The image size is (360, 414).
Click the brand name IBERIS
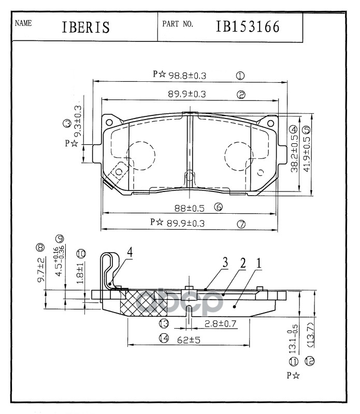86,27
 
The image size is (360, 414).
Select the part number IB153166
248,26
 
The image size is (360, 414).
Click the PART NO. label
178,24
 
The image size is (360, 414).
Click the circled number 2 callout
241,95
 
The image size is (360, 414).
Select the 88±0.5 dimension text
189,209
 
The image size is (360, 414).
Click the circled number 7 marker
241,224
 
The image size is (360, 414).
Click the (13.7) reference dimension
310,334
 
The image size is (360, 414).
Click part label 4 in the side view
131,252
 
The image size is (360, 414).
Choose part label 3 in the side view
226,263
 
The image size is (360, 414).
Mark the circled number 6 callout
218,208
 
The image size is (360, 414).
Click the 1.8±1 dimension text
80,272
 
